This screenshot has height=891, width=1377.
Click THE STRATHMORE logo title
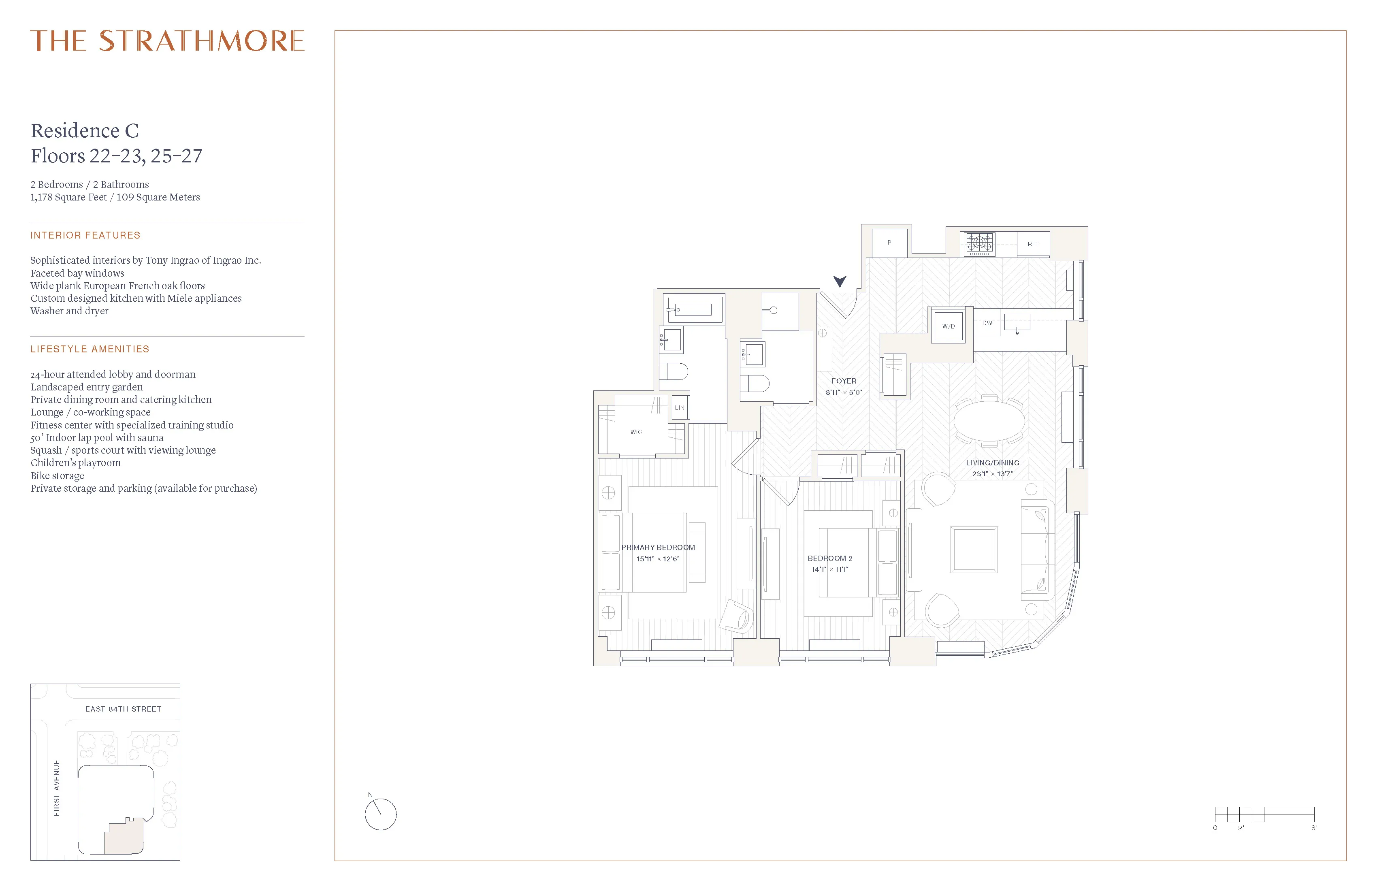[167, 40]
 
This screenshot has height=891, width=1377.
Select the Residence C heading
[85, 131]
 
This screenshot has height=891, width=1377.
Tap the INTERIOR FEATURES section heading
[85, 235]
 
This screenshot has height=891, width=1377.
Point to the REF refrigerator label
[1033, 244]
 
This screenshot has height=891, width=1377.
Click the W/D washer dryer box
[948, 326]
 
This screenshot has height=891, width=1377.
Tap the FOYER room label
[844, 381]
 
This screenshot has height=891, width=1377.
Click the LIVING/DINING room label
[992, 463]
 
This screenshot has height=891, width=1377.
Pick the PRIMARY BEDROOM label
[658, 547]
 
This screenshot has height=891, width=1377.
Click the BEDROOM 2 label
[830, 558]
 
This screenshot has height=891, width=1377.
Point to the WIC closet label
[636, 432]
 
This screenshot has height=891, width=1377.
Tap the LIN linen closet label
[679, 408]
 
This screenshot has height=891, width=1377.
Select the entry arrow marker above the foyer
[840, 281]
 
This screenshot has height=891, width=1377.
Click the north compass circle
[381, 814]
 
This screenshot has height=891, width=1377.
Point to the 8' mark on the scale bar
[1314, 828]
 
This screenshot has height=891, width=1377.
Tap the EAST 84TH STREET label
[123, 709]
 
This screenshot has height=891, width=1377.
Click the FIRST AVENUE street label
[57, 788]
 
